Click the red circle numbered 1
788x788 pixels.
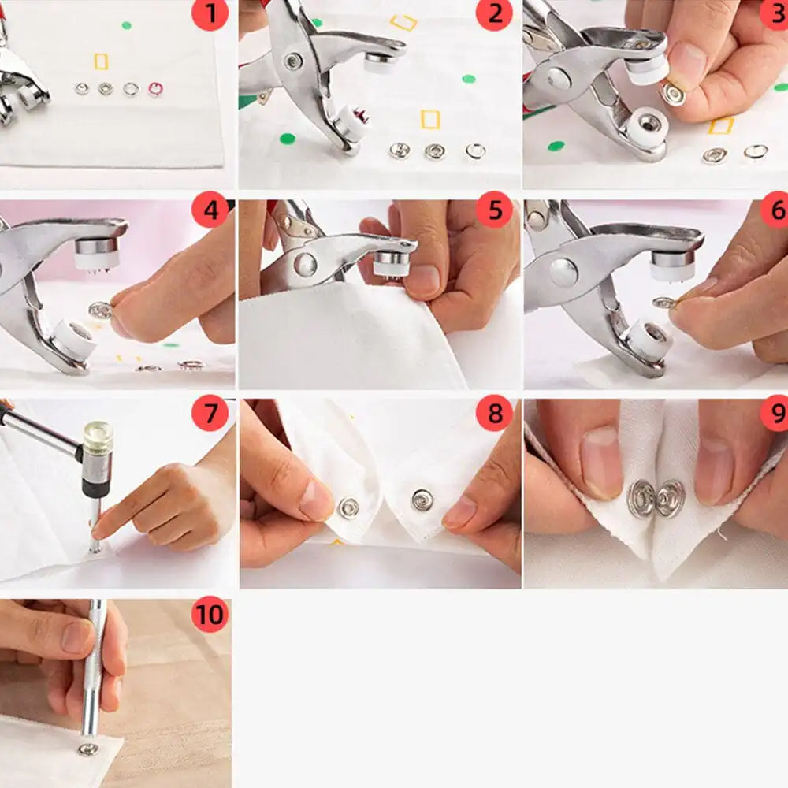(210, 14)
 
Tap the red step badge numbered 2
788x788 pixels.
(494, 14)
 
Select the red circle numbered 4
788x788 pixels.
(210, 211)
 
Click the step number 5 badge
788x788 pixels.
(494, 211)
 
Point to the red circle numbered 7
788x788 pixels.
(210, 414)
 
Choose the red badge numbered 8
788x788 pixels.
(494, 414)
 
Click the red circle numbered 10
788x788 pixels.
(210, 615)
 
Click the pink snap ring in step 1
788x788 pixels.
(155, 89)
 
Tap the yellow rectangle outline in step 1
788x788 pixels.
(101, 61)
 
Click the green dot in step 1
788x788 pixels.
(126, 25)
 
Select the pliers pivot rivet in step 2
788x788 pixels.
(294, 61)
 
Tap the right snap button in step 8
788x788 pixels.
(423, 499)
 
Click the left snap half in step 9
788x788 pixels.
(641, 499)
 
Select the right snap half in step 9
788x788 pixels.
(671, 499)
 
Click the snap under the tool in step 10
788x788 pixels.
(88, 748)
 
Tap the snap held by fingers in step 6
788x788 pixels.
(663, 303)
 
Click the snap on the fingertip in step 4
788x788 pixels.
(100, 310)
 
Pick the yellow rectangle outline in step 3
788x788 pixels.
(720, 125)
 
